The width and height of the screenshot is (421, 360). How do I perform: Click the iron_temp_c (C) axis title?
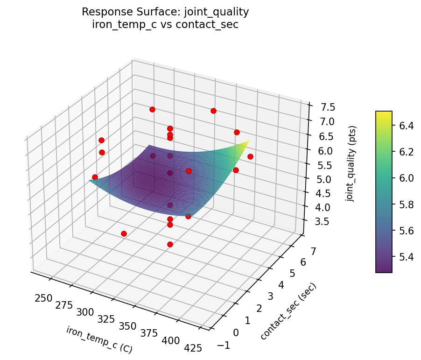[99, 339]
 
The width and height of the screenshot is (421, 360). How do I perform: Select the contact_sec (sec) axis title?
[288, 311]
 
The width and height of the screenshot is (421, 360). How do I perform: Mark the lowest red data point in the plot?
[170, 244]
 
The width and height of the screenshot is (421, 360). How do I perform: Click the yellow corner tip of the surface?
[248, 141]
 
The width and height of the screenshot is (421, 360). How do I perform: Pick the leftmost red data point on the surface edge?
[95, 177]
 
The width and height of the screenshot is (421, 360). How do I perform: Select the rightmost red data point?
[250, 156]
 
